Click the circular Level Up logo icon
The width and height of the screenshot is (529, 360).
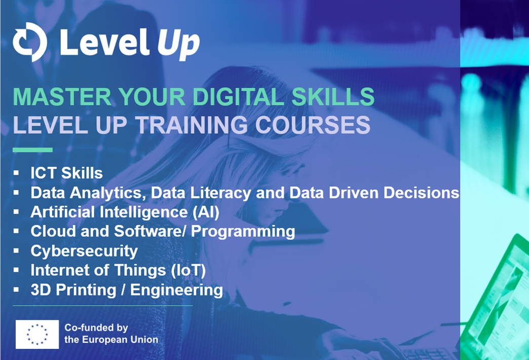click(x=30, y=42)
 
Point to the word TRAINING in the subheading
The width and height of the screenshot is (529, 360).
click(x=192, y=125)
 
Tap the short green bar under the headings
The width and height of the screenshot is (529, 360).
click(x=33, y=150)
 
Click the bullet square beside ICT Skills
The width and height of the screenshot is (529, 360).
click(x=16, y=173)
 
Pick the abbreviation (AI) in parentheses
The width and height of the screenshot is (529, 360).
click(x=206, y=212)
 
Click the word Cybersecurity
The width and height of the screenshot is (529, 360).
click(x=84, y=251)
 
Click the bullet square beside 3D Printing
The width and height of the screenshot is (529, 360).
click(x=16, y=290)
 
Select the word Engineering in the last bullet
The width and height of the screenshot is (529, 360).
click(x=176, y=290)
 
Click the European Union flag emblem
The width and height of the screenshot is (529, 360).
click(x=37, y=334)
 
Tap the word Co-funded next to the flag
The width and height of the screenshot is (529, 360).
click(x=86, y=328)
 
